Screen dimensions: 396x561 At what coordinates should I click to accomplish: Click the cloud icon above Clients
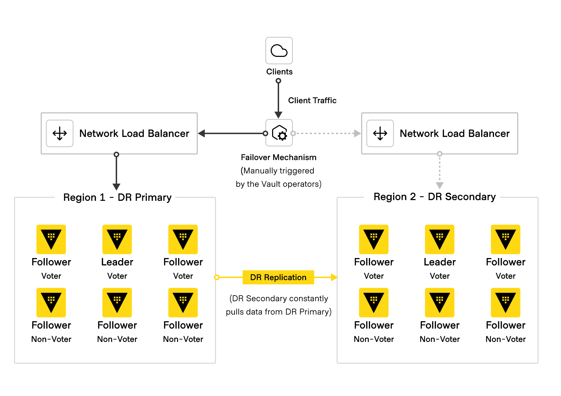coord(279,51)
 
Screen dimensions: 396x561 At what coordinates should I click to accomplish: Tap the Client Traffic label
coord(312,100)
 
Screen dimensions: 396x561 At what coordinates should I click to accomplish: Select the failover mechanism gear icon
coord(279,133)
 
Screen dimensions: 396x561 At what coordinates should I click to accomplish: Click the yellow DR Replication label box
coord(278,277)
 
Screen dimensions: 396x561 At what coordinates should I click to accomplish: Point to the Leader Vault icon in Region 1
coord(117,239)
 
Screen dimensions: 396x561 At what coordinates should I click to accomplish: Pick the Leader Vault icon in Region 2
coord(440,239)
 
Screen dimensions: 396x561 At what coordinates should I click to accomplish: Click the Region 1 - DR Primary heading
coord(117,197)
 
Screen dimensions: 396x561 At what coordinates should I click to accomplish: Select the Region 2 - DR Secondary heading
coord(434,197)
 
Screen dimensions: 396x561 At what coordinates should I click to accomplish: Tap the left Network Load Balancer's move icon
coord(60,133)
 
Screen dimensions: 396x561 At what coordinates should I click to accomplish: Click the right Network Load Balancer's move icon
coord(380,133)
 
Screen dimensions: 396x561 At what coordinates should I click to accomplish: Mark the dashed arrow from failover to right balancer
coord(326,133)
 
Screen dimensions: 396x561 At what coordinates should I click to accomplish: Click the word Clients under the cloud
coord(279,72)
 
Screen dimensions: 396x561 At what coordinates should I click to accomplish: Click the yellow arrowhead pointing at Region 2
coord(334,277)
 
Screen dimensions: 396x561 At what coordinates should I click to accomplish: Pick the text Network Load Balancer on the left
coord(134,133)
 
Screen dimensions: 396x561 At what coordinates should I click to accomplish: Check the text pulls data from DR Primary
coord(278,312)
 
